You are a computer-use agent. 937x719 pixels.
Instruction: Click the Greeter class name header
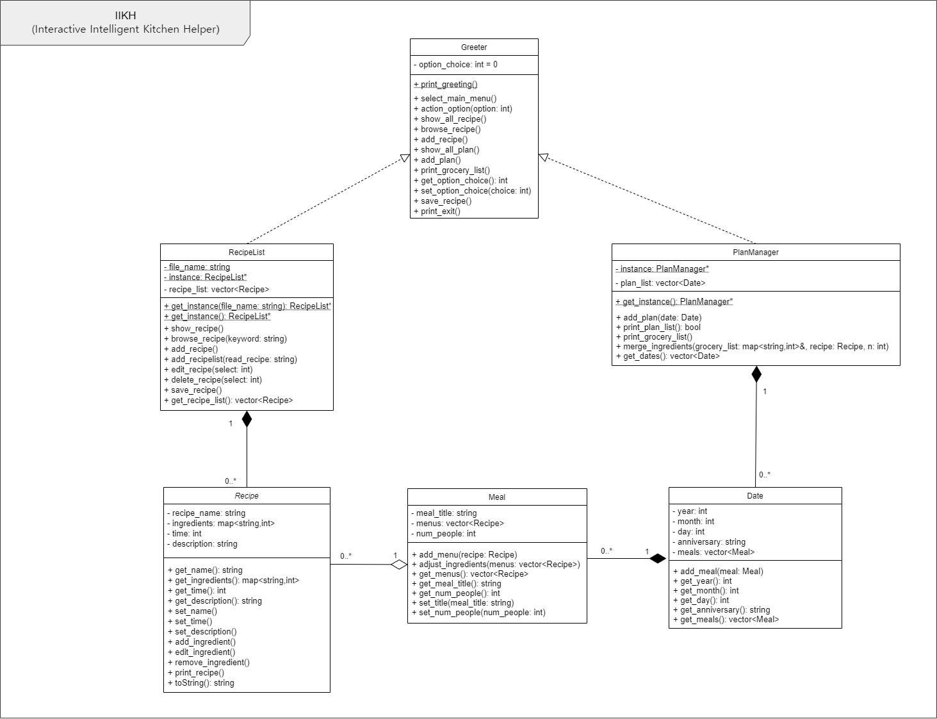(x=474, y=47)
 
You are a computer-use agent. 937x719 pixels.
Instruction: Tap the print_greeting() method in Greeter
(x=446, y=85)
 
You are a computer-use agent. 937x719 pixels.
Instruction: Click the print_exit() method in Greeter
(x=437, y=211)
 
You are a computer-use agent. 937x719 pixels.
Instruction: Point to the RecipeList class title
(x=247, y=252)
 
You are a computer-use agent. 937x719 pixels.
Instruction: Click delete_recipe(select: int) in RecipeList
(x=213, y=380)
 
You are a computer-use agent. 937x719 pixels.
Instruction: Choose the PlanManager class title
(x=756, y=252)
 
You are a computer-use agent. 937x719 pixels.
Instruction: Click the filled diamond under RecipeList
(x=247, y=419)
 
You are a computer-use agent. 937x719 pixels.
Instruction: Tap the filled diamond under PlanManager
(x=756, y=374)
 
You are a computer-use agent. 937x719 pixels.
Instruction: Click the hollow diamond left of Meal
(x=399, y=565)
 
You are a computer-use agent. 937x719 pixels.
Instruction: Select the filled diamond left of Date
(x=658, y=559)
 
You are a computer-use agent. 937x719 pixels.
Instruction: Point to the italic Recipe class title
(x=247, y=496)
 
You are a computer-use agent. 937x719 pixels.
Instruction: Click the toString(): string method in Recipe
(x=201, y=683)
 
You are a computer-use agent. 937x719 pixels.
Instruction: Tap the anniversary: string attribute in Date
(x=709, y=542)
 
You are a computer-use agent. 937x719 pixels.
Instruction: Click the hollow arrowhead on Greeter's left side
(x=405, y=158)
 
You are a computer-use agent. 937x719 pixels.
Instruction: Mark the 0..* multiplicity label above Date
(x=765, y=475)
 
